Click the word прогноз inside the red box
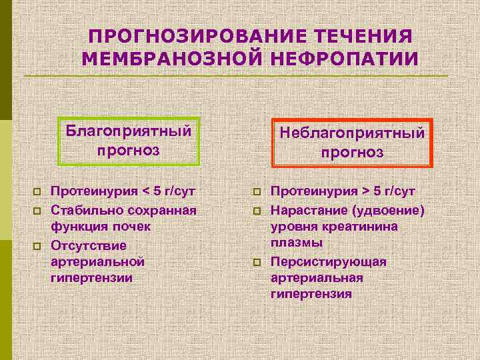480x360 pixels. tap(352, 153)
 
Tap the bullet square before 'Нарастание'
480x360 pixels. tap(256, 211)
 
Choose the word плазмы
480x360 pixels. tap(297, 244)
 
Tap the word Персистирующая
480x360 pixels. tap(329, 262)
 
